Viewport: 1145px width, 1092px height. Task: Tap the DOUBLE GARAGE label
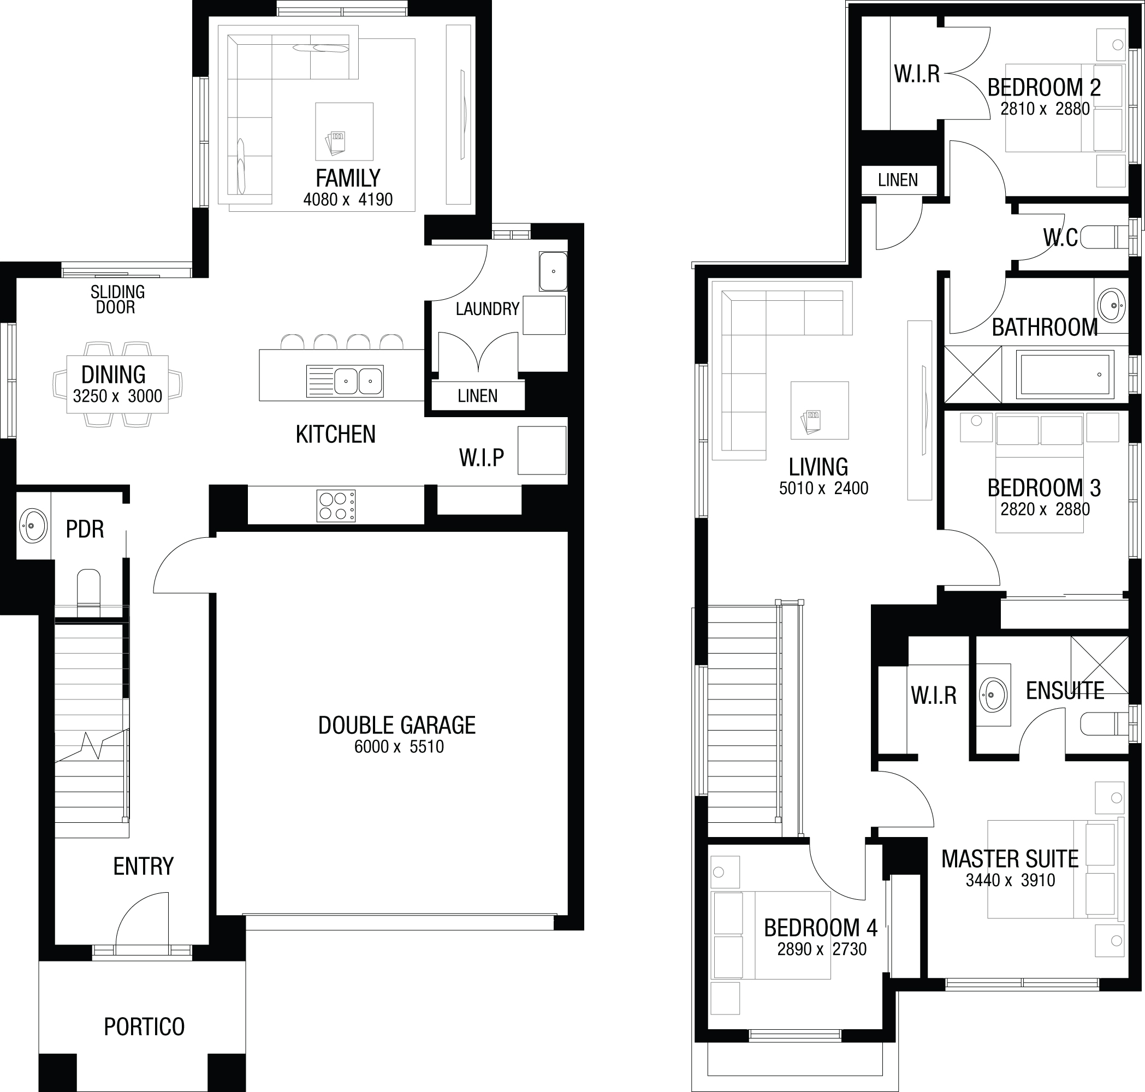click(397, 725)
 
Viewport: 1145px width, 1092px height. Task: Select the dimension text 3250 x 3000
click(117, 396)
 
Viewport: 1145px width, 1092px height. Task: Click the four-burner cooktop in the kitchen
click(336, 506)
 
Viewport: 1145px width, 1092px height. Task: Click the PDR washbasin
click(33, 526)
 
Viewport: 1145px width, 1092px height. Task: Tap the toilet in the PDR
click(89, 592)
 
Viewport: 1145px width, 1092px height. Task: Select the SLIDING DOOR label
click(117, 300)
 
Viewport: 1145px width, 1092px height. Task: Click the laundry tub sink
click(553, 271)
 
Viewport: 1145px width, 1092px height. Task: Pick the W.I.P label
click(482, 458)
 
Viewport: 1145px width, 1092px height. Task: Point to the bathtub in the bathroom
click(1065, 375)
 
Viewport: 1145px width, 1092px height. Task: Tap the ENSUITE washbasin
click(993, 695)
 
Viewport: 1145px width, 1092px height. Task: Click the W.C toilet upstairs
click(1104, 237)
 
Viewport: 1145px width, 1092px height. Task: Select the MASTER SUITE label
click(1010, 859)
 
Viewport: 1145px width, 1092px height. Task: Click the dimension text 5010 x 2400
click(824, 488)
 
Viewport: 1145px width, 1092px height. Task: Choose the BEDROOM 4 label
click(821, 928)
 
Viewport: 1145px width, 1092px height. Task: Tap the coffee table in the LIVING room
click(820, 411)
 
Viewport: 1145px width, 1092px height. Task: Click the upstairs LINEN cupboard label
click(898, 180)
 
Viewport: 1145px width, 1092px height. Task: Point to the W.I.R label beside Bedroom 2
click(917, 74)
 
